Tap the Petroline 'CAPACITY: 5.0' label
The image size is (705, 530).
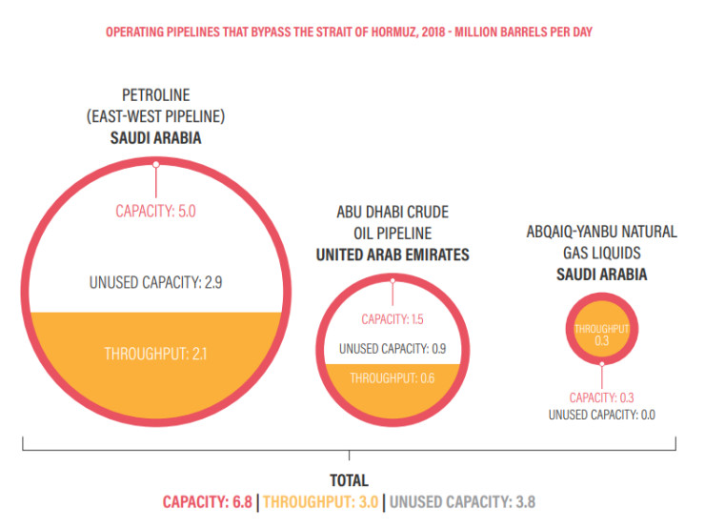155,211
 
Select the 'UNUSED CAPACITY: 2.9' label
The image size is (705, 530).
155,283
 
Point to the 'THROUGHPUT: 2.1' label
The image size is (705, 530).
155,354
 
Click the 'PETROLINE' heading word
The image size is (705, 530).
155,95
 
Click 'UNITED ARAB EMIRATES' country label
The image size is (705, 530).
393,255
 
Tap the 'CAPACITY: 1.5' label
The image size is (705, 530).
393,319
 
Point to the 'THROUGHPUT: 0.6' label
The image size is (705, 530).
393,377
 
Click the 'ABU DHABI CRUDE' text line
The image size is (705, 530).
393,212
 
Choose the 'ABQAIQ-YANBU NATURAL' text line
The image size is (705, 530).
601,232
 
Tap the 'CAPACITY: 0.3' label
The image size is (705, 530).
601,397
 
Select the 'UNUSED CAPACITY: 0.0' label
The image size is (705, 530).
601,415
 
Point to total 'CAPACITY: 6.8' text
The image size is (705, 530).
208,501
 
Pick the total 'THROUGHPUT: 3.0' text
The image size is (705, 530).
324,501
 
